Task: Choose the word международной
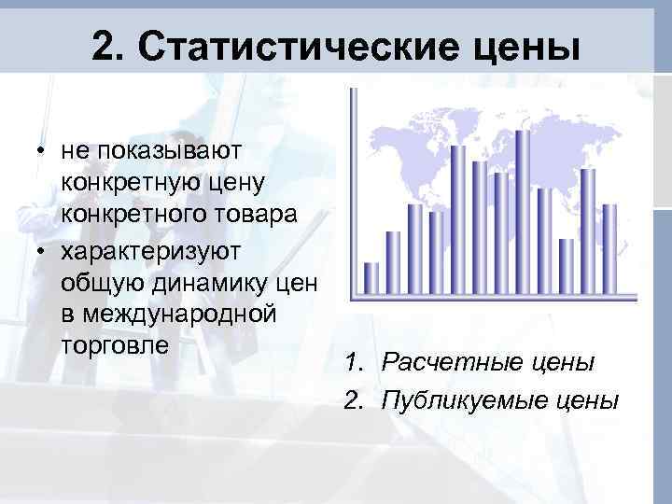click(x=169, y=313)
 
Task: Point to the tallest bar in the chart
click(x=522, y=211)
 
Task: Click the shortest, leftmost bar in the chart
click(x=371, y=277)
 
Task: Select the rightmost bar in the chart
click(x=609, y=248)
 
